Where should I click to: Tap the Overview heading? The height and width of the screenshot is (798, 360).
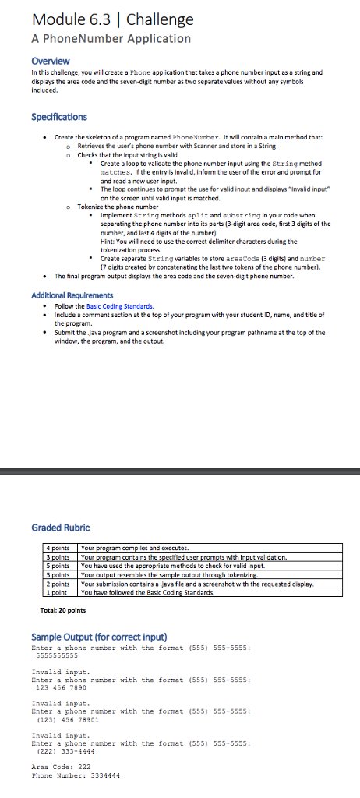[x=50, y=61]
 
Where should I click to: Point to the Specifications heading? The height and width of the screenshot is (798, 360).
[x=59, y=117]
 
